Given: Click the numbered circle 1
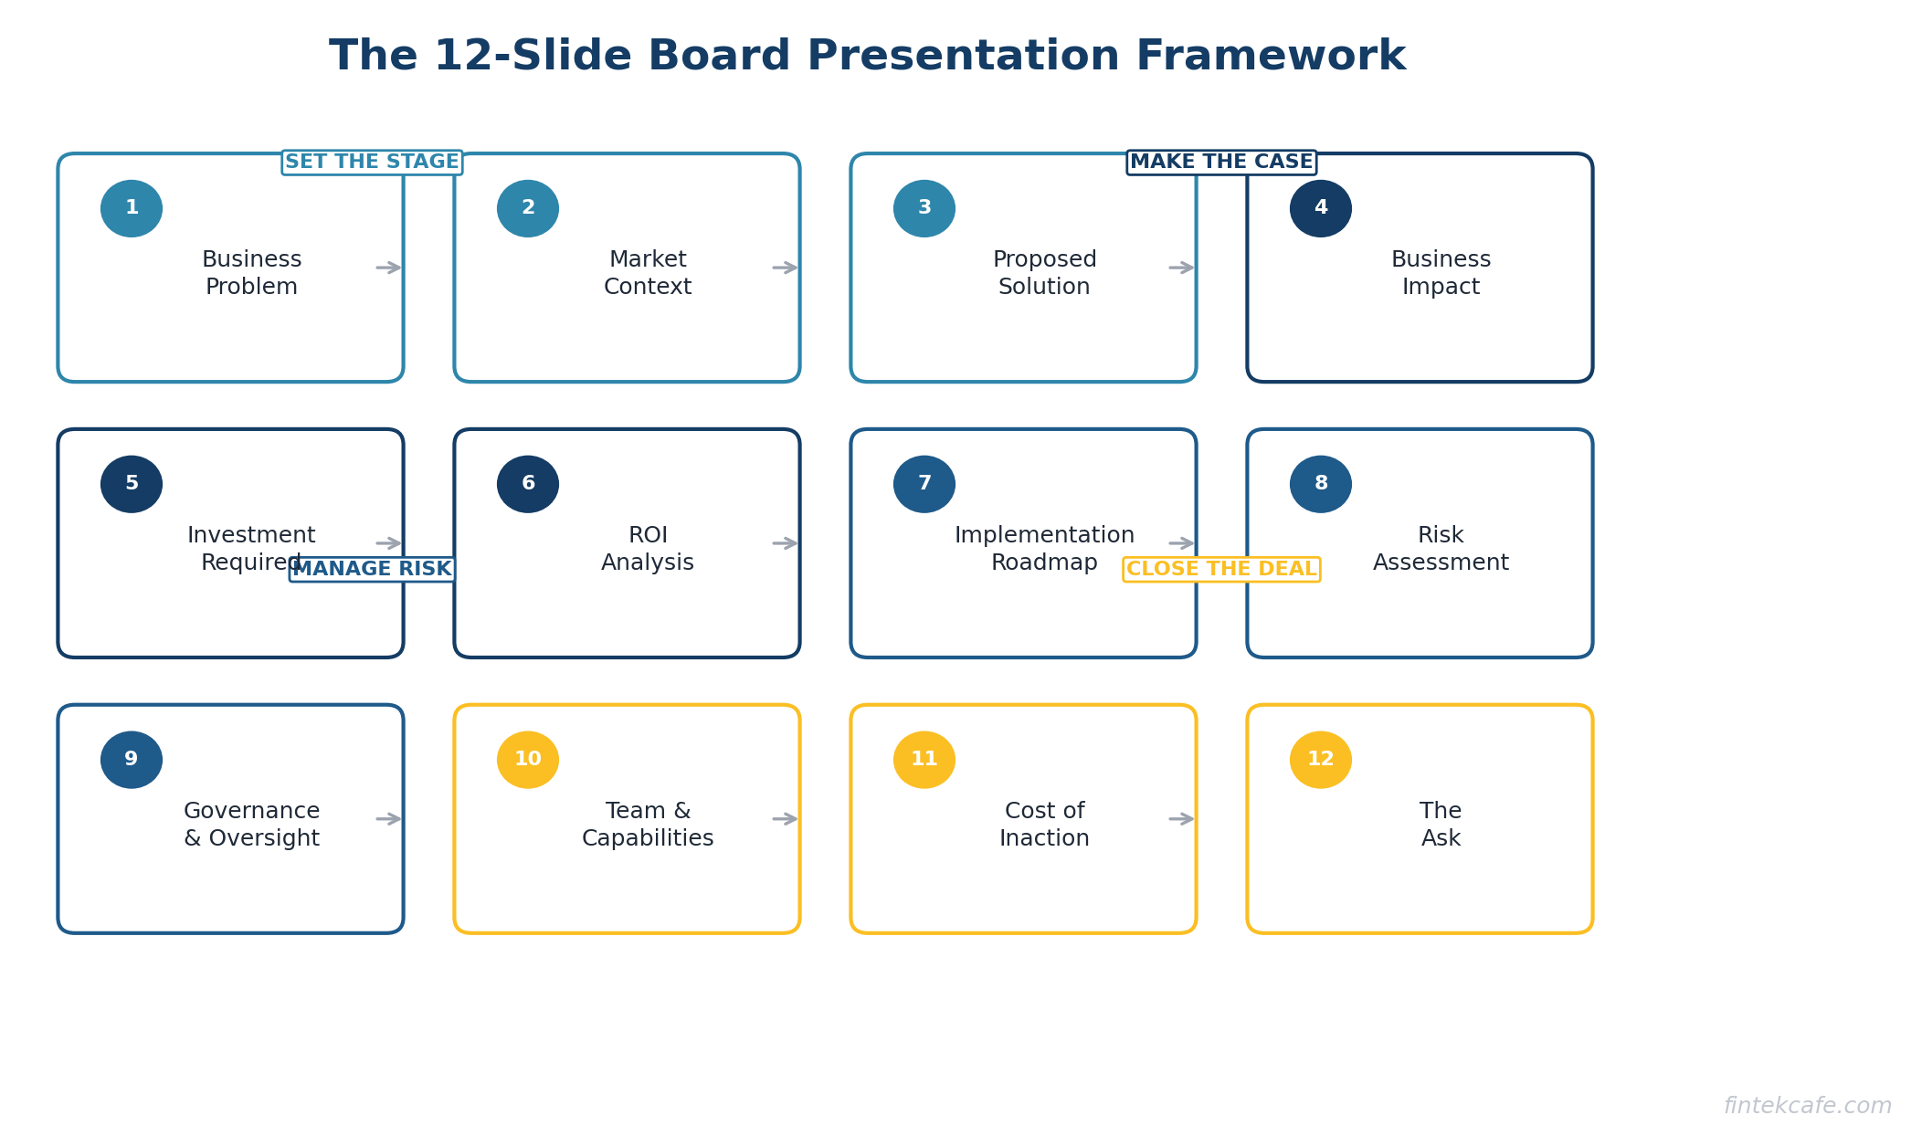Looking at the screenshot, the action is (x=132, y=208).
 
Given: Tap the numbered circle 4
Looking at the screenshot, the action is (x=1321, y=208).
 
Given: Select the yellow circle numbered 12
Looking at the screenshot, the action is (x=1321, y=760).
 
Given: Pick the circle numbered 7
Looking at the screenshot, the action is (x=924, y=484).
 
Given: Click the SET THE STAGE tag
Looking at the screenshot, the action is (x=372, y=163).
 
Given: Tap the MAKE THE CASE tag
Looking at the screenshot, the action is (x=1221, y=163).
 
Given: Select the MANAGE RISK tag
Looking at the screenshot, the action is (x=372, y=570).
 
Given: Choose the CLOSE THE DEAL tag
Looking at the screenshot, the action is (x=1221, y=570).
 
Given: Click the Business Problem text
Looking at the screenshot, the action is (x=252, y=273).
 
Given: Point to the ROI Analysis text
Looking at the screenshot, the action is (x=648, y=549).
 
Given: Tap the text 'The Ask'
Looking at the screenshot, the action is (x=1441, y=825).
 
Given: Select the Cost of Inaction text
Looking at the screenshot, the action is (x=1044, y=825).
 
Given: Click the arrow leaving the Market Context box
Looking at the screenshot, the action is (x=786, y=268).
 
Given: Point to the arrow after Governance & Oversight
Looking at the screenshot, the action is (x=389, y=819).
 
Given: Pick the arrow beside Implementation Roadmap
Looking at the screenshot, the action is (x=1182, y=543).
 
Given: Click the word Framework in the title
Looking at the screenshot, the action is (x=1271, y=57).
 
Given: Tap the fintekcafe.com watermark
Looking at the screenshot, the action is (x=1808, y=1106).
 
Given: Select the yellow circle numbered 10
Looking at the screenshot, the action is (x=528, y=760).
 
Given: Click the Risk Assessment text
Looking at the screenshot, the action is (x=1441, y=549).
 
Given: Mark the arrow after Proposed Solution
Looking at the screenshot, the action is (x=1182, y=268).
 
